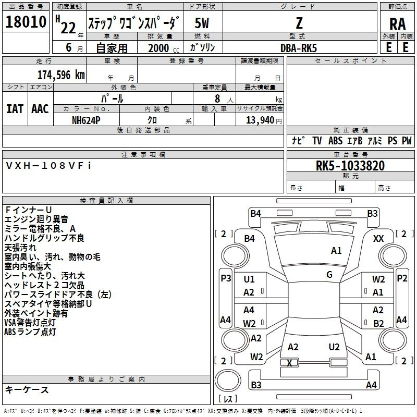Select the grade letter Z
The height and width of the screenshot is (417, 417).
point(299,23)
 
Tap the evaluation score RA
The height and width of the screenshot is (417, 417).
point(397,24)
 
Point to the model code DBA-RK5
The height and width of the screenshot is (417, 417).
point(299,48)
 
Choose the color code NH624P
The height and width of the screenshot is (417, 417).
point(87,120)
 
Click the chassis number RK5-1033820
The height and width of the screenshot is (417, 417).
point(350,166)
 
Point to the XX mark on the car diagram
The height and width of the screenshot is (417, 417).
point(378,238)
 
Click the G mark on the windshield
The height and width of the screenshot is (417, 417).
point(329,274)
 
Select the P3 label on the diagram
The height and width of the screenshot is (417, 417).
point(226,278)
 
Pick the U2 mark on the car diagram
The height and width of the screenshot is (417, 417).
point(334,347)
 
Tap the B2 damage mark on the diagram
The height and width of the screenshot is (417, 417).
point(378,323)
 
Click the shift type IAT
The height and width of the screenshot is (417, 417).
point(14,108)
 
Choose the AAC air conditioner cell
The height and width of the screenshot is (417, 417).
point(40,108)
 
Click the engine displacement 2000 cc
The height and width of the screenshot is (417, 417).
point(161,48)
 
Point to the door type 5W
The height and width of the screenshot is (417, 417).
point(202,23)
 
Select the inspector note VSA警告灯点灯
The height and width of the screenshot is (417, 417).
point(30,323)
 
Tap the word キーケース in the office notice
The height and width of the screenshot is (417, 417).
point(27,390)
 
